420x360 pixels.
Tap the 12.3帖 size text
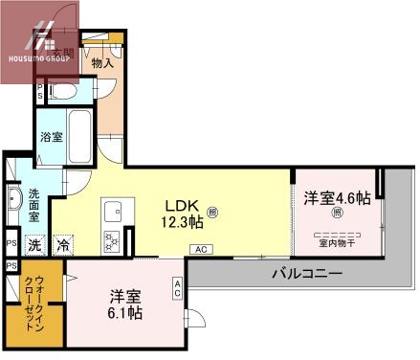click(x=182, y=222)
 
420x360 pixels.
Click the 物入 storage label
click(x=102, y=63)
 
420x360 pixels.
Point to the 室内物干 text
click(x=336, y=242)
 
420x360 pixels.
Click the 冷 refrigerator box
click(x=63, y=244)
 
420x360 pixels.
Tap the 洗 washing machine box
click(x=34, y=244)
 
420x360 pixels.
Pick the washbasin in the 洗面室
click(x=13, y=202)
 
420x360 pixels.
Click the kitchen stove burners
click(x=114, y=238)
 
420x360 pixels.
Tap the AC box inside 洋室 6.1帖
click(x=178, y=286)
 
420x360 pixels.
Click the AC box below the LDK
click(x=200, y=250)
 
